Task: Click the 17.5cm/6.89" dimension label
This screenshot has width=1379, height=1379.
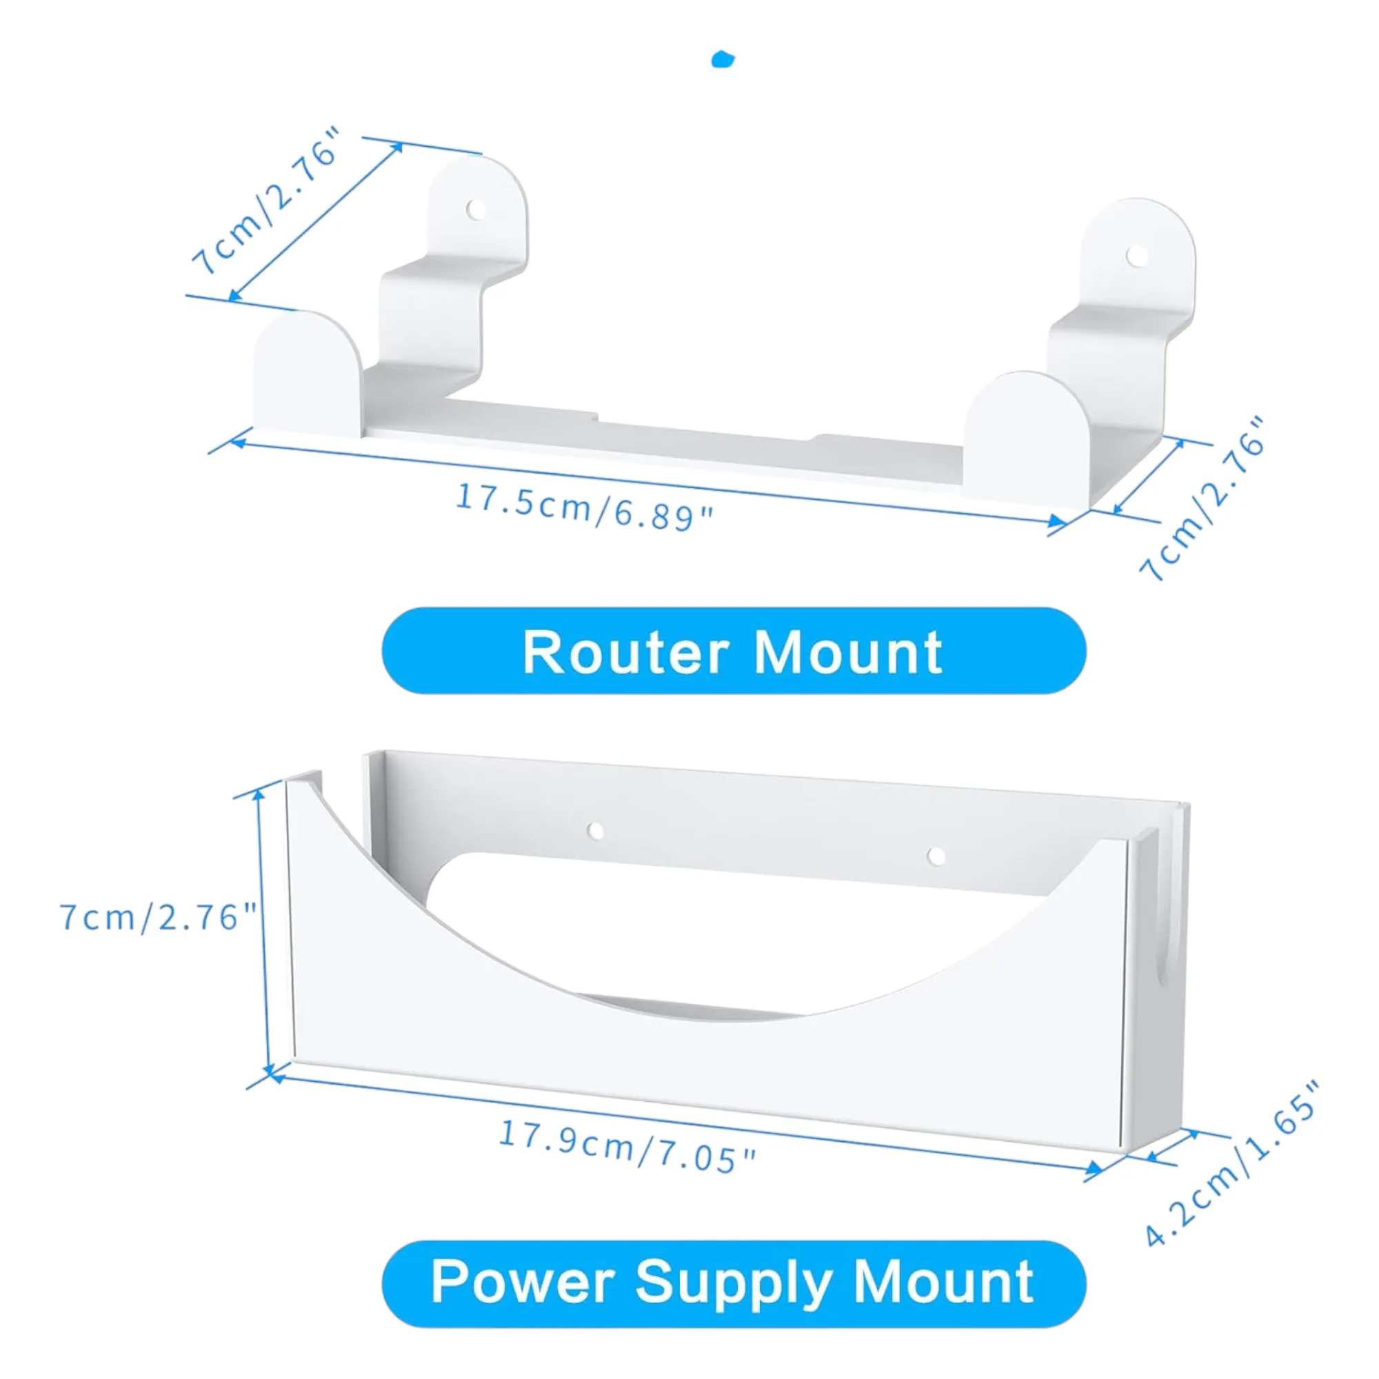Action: pyautogui.click(x=584, y=507)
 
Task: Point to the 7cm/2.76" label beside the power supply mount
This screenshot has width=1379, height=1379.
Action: pyautogui.click(x=158, y=917)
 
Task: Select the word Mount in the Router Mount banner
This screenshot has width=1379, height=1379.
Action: pyautogui.click(x=848, y=652)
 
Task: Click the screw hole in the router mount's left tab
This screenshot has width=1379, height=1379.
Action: pyautogui.click(x=476, y=210)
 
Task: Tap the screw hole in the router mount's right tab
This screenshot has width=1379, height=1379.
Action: pyautogui.click(x=1137, y=256)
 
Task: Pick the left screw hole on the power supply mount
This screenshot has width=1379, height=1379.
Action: pyautogui.click(x=595, y=831)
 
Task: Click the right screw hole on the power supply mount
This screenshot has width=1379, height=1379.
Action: pyautogui.click(x=936, y=856)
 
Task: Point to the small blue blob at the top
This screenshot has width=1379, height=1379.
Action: pyautogui.click(x=723, y=59)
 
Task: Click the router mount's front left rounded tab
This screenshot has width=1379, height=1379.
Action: pyautogui.click(x=308, y=373)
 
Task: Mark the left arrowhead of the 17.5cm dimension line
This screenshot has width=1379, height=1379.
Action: pyautogui.click(x=239, y=443)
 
